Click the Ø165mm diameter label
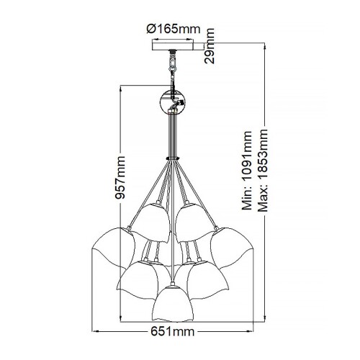click(173, 29)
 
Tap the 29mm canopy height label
click(210, 47)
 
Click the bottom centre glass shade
click(171, 299)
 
